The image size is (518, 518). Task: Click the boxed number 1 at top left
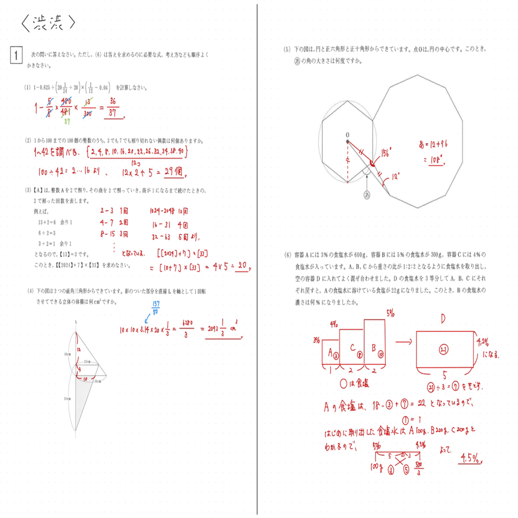click(15, 55)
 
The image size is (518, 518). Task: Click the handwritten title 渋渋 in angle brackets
click(48, 22)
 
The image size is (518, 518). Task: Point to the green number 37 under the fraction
click(68, 121)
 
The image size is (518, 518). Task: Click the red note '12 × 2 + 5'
click(137, 171)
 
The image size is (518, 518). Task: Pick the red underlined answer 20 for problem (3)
click(243, 266)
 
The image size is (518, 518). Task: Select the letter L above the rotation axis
click(74, 323)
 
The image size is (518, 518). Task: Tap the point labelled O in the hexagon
click(347, 135)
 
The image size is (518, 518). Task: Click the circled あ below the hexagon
click(367, 195)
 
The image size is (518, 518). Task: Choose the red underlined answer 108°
click(440, 161)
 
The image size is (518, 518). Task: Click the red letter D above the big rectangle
click(443, 319)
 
